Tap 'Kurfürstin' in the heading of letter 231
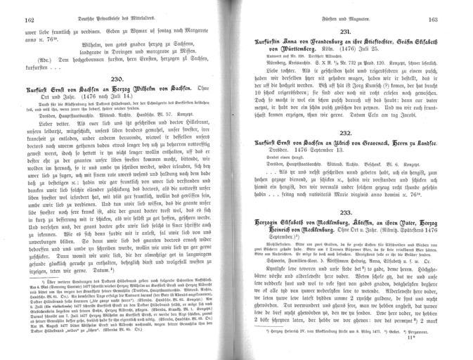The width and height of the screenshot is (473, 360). coord(276,44)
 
